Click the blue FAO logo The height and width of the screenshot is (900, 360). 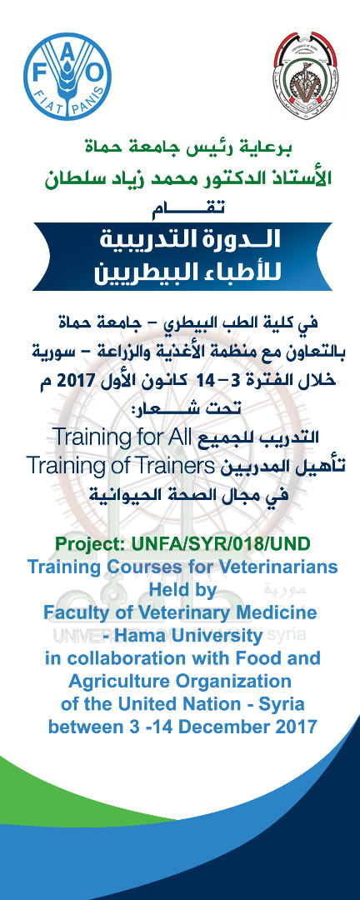[67, 77]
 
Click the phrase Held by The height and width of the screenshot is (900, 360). [182, 590]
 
